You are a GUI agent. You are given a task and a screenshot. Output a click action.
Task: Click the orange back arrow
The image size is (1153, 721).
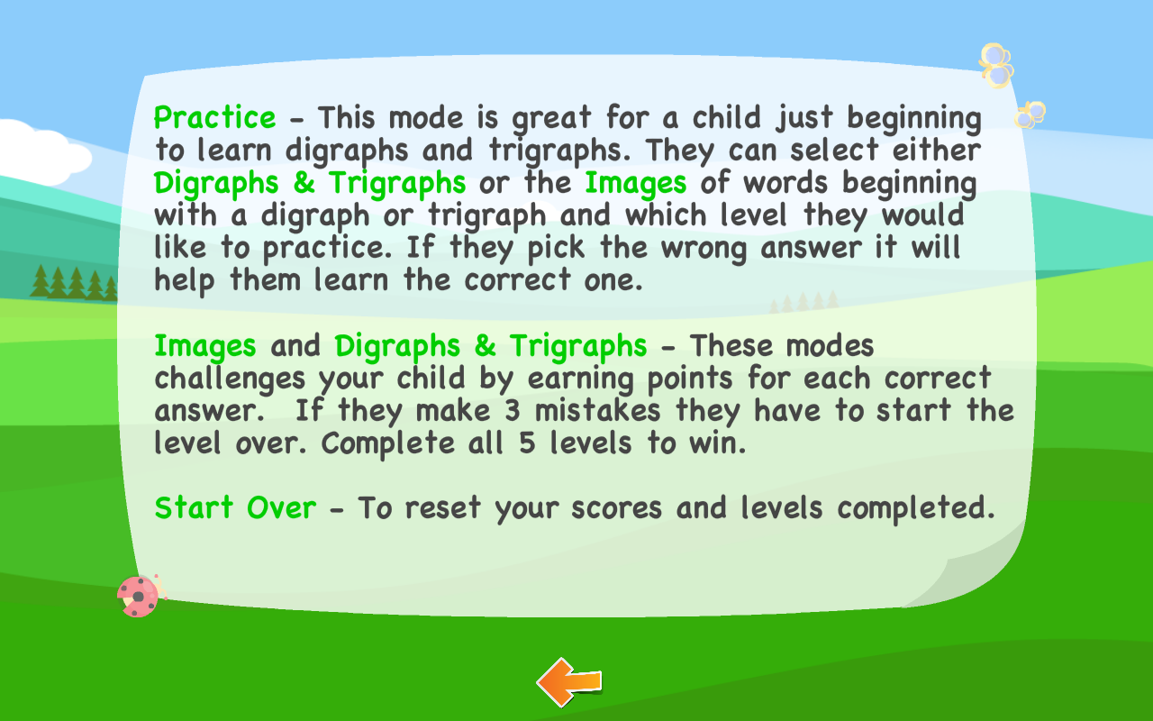[569, 682]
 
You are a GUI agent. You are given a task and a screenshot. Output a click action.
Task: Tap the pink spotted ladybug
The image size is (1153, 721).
[139, 596]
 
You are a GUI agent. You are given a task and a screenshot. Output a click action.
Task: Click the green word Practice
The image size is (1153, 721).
[215, 118]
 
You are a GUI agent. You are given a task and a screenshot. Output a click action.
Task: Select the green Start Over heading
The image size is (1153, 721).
[235, 507]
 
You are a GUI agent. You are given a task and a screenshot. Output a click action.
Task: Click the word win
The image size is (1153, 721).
[716, 443]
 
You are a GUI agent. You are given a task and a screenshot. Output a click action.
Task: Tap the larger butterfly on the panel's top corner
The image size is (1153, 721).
[996, 66]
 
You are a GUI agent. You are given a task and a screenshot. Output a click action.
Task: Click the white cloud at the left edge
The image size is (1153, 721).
[41, 151]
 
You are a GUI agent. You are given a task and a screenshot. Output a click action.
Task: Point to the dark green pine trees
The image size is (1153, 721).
[72, 283]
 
